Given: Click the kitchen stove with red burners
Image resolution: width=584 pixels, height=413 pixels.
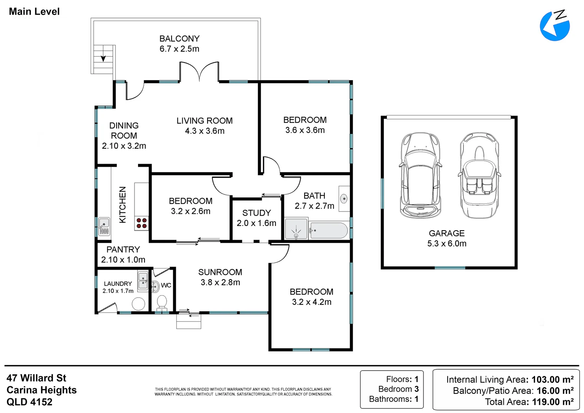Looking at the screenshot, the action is click(141, 223).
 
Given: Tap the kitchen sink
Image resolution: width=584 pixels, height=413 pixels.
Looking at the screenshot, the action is click(104, 226).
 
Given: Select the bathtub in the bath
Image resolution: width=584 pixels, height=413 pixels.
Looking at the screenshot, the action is click(329, 230).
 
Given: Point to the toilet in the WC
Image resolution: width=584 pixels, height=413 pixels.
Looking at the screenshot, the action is click(162, 303).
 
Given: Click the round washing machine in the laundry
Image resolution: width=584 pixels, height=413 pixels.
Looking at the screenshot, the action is click(138, 304).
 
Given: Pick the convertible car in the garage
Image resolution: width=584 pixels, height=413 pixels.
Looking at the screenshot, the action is click(479, 175).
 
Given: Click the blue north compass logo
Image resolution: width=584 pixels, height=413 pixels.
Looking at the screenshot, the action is click(555, 25).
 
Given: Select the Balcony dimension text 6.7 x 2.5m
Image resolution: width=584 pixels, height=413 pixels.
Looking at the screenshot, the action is click(179, 49).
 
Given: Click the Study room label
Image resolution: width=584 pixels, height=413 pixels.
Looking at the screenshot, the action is click(256, 213).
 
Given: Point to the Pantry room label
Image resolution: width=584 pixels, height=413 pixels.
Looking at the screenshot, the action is click(123, 249).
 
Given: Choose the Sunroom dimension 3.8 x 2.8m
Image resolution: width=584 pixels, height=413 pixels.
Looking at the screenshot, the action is click(220, 282).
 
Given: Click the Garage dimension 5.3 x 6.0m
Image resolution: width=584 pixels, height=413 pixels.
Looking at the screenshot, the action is click(447, 244).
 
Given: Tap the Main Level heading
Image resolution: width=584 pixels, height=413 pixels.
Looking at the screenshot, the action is click(34, 11).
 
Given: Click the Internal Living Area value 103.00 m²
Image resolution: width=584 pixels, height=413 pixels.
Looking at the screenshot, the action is click(552, 379).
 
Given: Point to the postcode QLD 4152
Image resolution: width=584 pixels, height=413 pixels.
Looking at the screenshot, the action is click(29, 402).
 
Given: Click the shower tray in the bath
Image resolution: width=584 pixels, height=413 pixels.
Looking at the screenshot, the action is click(296, 229).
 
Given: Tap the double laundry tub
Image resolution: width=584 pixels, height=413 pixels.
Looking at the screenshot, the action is click(143, 280).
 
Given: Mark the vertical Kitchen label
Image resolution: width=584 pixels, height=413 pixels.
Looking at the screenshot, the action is click(123, 205).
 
